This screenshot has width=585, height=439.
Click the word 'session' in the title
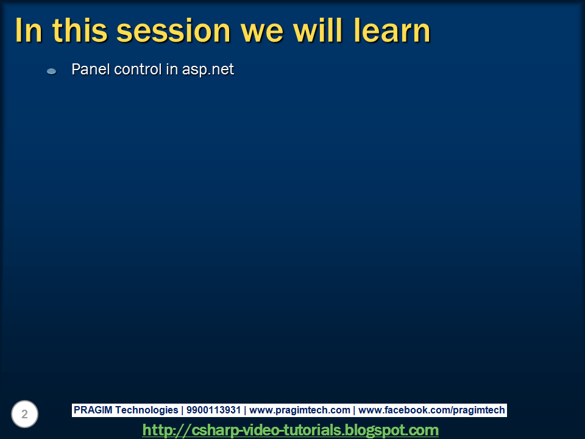pyautogui.click(x=174, y=30)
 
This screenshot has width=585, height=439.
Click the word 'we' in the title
pyautogui.click(x=262, y=34)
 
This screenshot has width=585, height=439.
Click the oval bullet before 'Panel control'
pyautogui.click(x=51, y=71)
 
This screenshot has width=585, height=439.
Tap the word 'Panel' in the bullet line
pyautogui.click(x=90, y=69)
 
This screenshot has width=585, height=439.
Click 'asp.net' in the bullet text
pyautogui.click(x=208, y=70)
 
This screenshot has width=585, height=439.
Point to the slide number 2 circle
pyautogui.click(x=24, y=414)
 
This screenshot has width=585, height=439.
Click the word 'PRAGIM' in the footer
pyautogui.click(x=93, y=410)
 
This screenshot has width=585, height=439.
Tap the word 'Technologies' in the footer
pyautogui.click(x=147, y=410)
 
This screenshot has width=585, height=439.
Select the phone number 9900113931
pyautogui.click(x=213, y=410)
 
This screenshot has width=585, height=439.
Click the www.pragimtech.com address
pyautogui.click(x=300, y=410)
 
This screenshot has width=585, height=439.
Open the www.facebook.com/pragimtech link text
pyautogui.click(x=431, y=410)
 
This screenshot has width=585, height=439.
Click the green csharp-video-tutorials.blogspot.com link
pyautogui.click(x=290, y=430)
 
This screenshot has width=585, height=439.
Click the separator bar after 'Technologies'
pyautogui.click(x=182, y=410)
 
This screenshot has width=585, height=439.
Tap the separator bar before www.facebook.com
pyautogui.click(x=354, y=410)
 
